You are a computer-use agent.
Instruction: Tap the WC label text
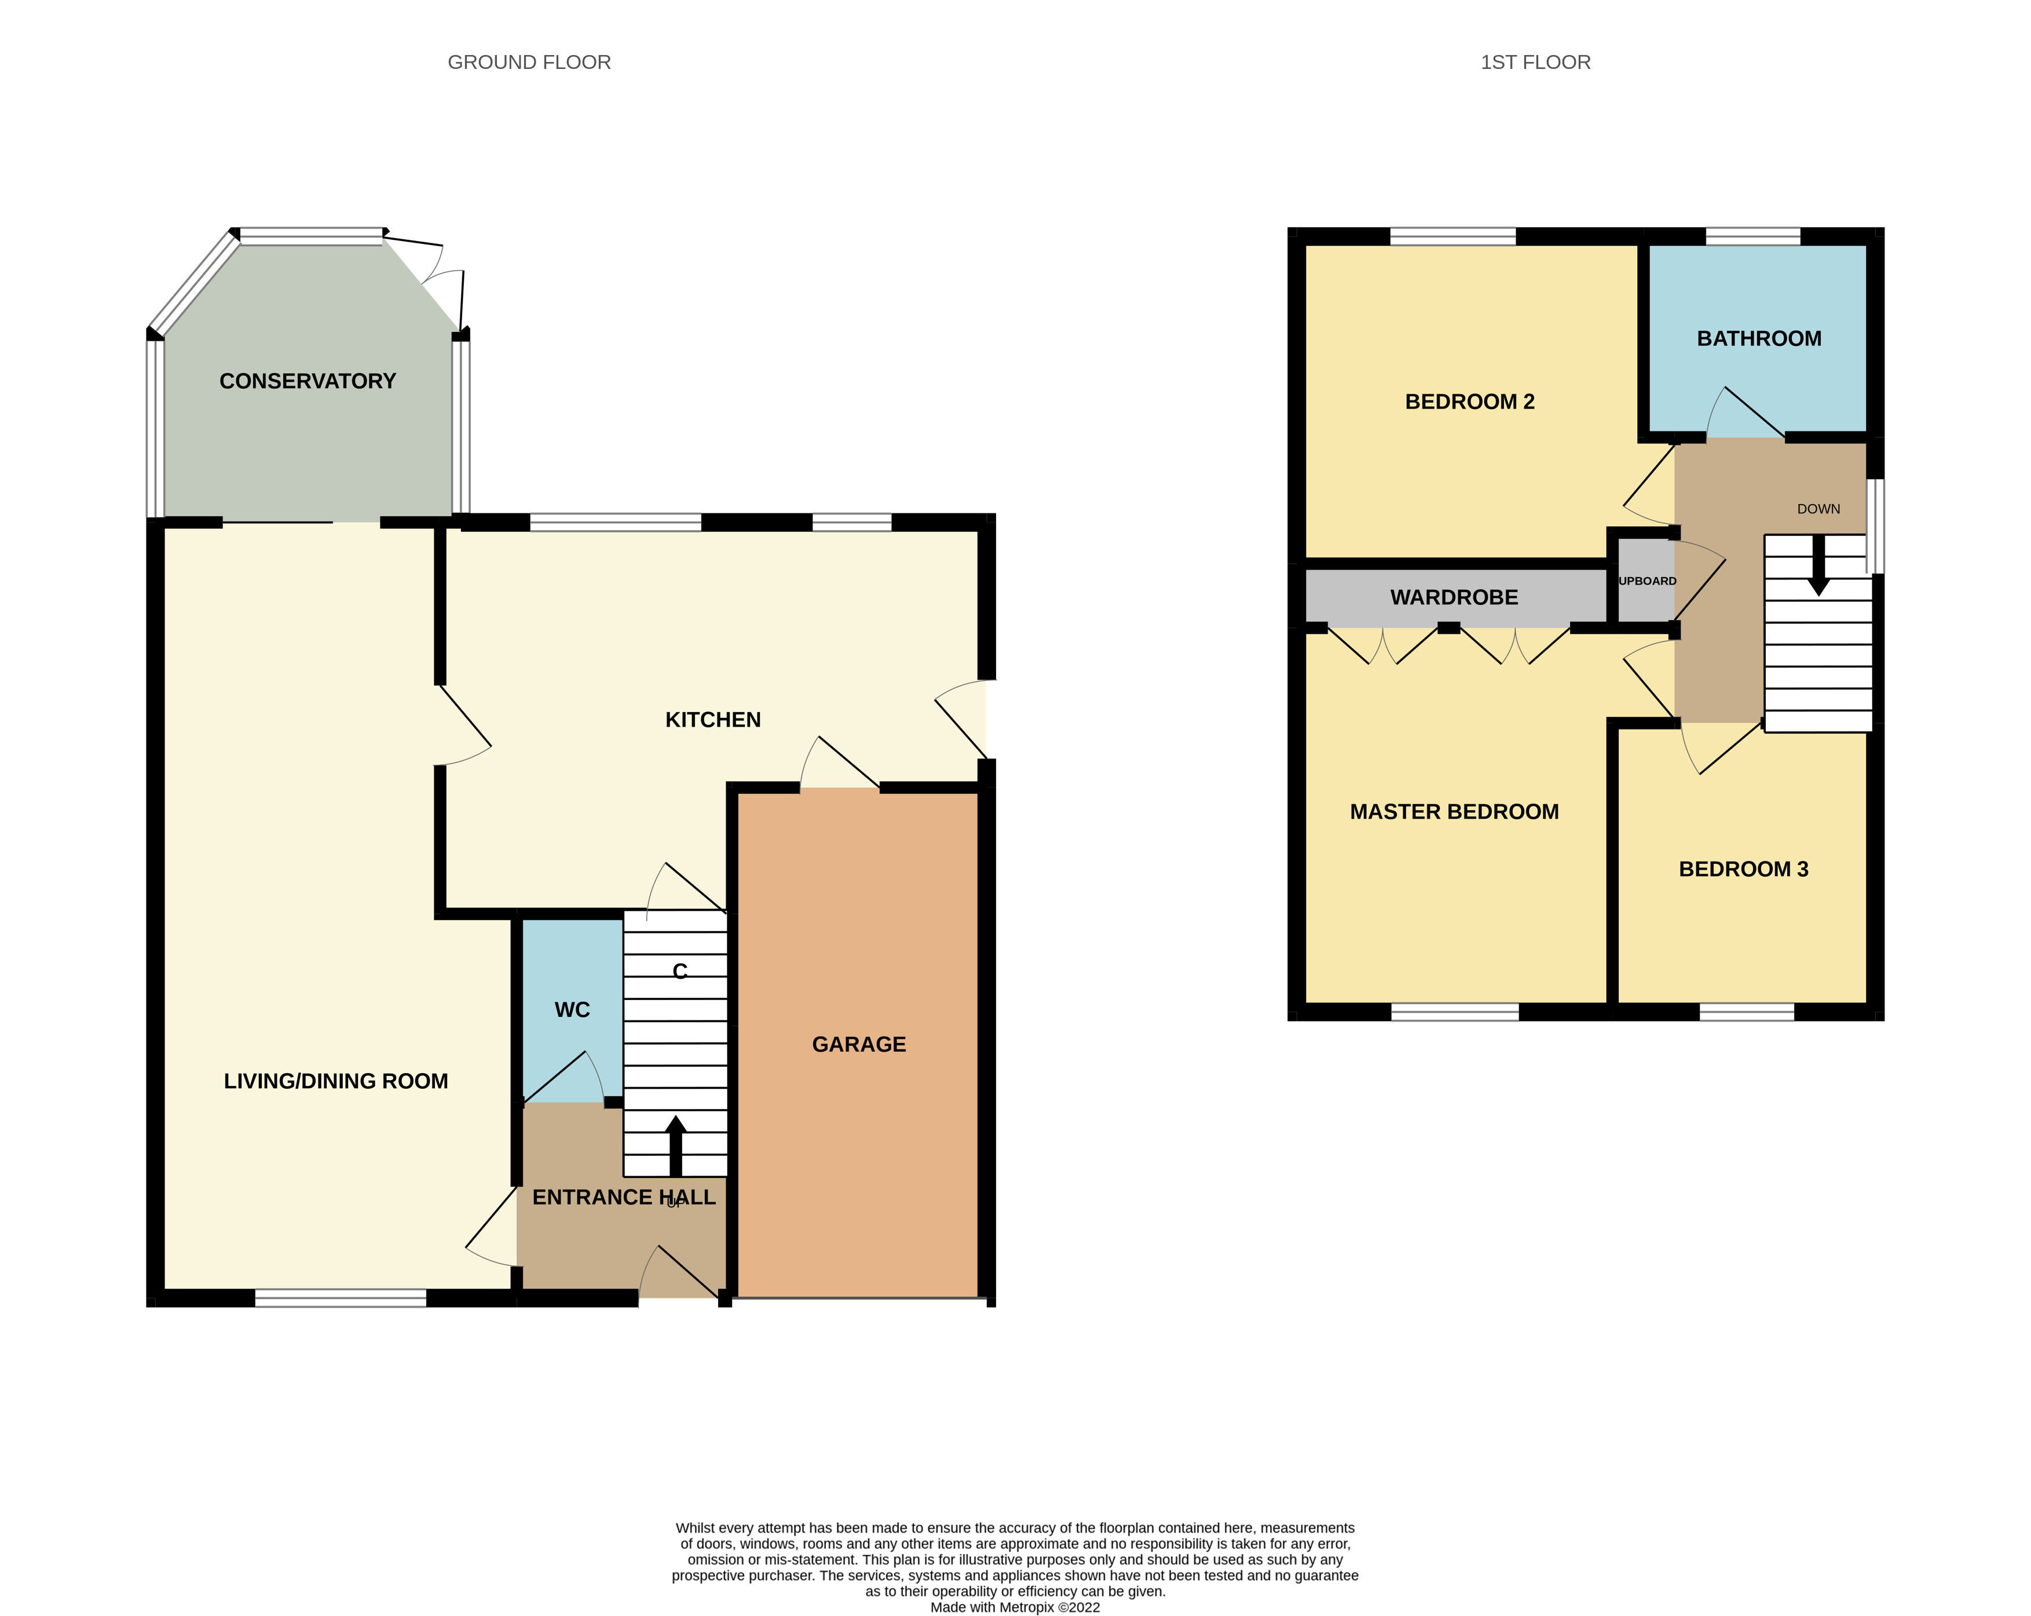[x=572, y=1010]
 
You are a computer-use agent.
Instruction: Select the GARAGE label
[x=858, y=1045]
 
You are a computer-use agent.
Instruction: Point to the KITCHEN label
[x=712, y=720]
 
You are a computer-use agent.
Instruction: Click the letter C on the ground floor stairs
[x=679, y=972]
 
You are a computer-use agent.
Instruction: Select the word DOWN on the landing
[x=1818, y=509]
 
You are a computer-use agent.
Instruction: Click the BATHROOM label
[x=1759, y=339]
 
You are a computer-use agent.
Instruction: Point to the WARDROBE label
[x=1454, y=597]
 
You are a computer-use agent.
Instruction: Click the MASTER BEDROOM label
[x=1454, y=812]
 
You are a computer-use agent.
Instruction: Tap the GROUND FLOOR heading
[x=529, y=62]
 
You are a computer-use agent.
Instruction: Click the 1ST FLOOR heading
[x=1535, y=62]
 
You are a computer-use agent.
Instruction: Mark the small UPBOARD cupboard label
[x=1646, y=581]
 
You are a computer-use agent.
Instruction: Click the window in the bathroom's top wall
[x=1752, y=236]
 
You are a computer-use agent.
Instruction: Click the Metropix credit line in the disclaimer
[x=1015, y=1607]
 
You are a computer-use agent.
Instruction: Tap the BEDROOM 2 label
[x=1470, y=402]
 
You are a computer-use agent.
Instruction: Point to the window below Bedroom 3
[x=1747, y=1012]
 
